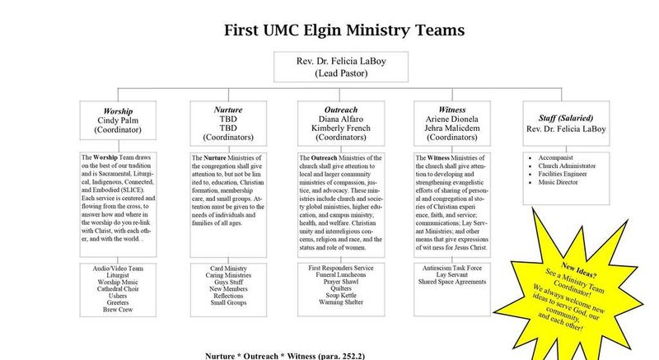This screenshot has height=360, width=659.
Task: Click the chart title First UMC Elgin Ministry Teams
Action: coord(344,30)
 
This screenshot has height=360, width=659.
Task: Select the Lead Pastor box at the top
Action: coord(345,67)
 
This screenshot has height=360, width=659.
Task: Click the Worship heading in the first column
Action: coord(118,110)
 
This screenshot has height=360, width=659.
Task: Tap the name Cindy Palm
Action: coord(118,120)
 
